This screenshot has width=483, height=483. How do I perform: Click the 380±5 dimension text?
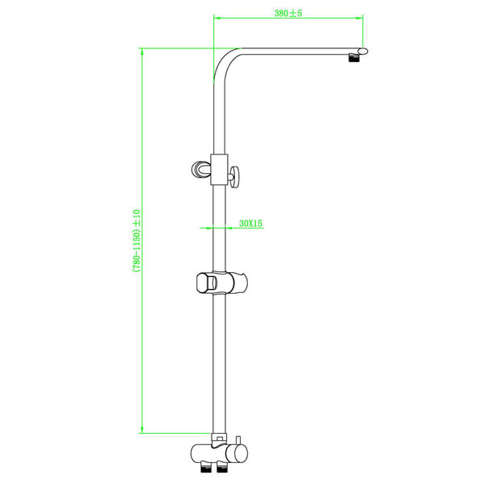(287, 14)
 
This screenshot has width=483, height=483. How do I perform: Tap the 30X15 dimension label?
(251, 223)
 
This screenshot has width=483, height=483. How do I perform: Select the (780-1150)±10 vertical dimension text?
(136, 241)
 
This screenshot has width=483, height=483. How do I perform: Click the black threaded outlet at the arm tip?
(352, 60)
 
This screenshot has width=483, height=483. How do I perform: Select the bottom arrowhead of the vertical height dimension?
(142, 431)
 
